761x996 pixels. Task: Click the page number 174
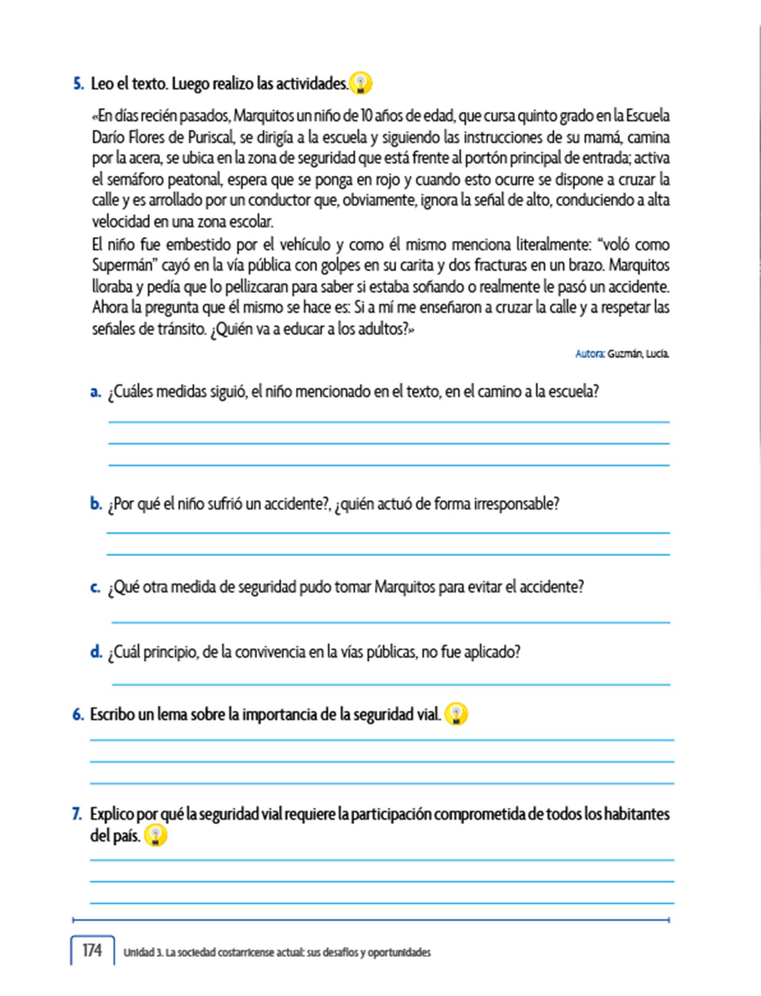[x=92, y=950]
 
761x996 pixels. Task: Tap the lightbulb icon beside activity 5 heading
[x=361, y=83]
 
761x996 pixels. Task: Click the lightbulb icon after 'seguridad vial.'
[x=456, y=714]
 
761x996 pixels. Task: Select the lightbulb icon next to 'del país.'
[x=156, y=836]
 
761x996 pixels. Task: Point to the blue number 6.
[x=78, y=714]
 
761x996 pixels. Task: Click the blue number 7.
[x=77, y=814]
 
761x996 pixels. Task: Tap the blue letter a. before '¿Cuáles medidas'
[x=95, y=391]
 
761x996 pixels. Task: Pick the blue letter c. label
[x=95, y=587]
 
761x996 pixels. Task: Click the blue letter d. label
[x=96, y=651]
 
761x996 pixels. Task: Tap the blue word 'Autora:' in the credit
[x=590, y=354]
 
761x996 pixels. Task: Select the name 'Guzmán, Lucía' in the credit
[x=638, y=354]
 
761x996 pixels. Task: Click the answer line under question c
[x=390, y=622]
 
